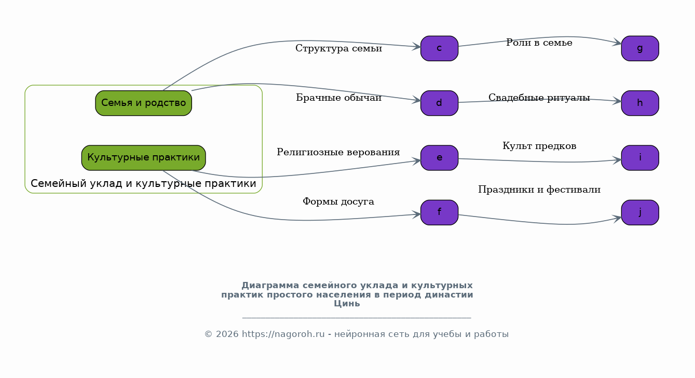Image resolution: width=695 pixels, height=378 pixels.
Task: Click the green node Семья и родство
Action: point(143,103)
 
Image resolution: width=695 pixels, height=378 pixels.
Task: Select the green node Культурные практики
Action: point(143,158)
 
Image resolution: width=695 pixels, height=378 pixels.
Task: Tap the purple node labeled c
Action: point(439,48)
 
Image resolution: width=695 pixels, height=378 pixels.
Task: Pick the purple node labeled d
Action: point(439,103)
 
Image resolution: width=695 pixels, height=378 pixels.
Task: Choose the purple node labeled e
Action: point(439,158)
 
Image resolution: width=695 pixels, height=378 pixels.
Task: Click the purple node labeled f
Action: point(439,212)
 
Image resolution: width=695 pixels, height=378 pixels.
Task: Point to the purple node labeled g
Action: point(640,48)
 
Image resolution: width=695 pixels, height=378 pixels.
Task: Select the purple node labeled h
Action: point(640,103)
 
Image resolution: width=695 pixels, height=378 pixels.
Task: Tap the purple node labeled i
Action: point(640,158)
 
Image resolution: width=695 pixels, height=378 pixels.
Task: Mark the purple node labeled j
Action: point(640,212)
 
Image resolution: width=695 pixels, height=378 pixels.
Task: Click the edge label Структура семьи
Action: point(338,48)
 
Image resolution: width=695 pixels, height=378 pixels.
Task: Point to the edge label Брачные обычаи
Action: point(338,98)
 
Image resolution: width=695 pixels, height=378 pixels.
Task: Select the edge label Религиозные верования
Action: point(338,152)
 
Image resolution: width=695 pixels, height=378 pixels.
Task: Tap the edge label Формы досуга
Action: point(338,201)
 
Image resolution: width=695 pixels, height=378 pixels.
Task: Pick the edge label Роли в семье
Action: point(539,43)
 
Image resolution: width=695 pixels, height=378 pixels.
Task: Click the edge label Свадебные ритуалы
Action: point(539,98)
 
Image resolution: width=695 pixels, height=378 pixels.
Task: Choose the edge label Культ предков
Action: point(539,146)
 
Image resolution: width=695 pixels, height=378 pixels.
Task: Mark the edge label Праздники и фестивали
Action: point(539,190)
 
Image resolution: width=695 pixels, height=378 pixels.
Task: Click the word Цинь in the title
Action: point(347,304)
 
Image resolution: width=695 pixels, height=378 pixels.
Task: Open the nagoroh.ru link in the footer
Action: point(283,334)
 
